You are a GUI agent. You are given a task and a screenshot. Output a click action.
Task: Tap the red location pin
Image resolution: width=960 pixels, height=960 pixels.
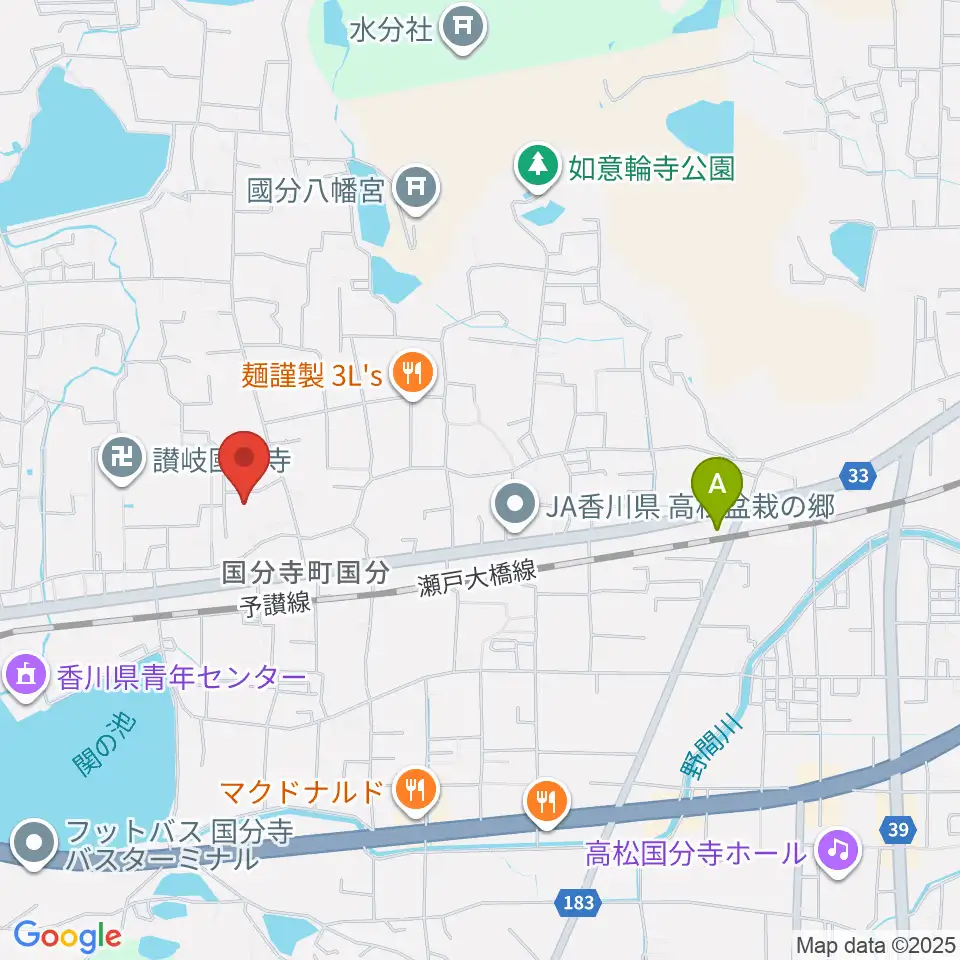(244, 460)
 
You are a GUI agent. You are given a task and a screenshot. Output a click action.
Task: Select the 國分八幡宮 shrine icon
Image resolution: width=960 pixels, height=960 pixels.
(412, 187)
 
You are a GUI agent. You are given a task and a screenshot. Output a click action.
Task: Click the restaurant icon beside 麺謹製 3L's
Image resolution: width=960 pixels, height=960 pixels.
(411, 376)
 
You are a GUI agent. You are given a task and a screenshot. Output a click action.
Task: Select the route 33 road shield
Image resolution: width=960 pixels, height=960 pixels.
(858, 476)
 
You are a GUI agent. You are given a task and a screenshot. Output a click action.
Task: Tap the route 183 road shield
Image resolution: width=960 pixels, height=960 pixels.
(577, 903)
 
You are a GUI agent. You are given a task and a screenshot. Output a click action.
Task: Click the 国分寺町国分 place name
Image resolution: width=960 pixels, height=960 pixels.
(304, 572)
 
